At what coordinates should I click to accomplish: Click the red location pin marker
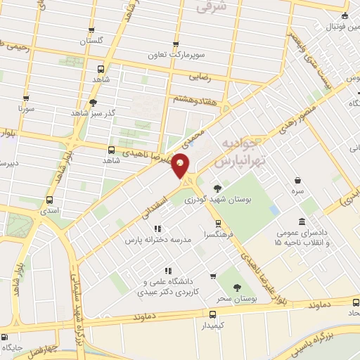pyautogui.click(x=181, y=165)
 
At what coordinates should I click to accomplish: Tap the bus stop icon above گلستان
pyautogui.click(x=94, y=29)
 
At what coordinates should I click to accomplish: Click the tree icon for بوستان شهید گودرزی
pyautogui.click(x=217, y=188)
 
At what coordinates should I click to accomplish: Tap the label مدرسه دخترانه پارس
pyautogui.click(x=157, y=240)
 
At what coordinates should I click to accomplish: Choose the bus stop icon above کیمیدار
pyautogui.click(x=212, y=314)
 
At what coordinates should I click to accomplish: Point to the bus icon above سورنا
pyautogui.click(x=26, y=98)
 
